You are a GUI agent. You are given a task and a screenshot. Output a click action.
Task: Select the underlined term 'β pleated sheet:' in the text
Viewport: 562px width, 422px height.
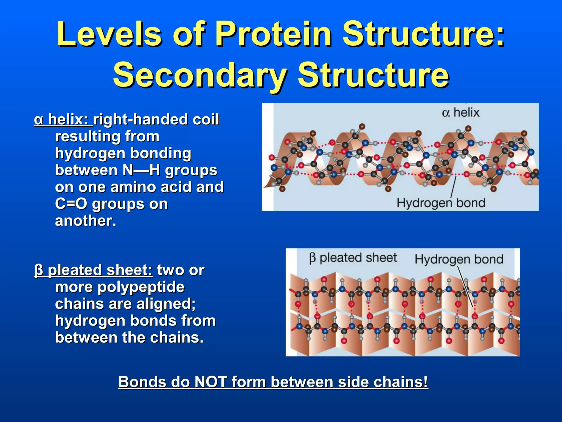[93, 270]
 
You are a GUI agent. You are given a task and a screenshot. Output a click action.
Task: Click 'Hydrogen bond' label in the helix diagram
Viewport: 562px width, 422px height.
[441, 203]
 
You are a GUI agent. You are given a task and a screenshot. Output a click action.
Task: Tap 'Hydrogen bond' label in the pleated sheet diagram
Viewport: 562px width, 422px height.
[459, 259]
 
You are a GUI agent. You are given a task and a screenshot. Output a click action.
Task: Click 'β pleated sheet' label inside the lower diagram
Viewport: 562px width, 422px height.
[353, 258]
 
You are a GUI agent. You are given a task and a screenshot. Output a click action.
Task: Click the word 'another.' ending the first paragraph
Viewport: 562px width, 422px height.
[86, 221]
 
